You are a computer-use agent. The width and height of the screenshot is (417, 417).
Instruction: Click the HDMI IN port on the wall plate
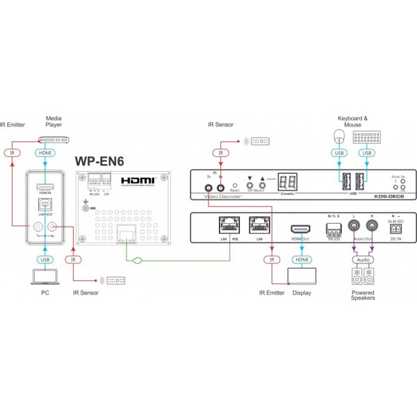[x=45, y=186]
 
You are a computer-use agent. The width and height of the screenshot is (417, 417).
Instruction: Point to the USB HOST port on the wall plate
[x=45, y=206]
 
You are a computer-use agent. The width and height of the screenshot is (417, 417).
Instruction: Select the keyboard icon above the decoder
[x=366, y=137]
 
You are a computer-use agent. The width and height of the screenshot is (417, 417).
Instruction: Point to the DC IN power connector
[x=397, y=229]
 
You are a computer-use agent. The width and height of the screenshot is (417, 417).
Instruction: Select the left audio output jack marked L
[x=355, y=229]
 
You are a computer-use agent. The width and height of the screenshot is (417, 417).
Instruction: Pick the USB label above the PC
[x=45, y=259]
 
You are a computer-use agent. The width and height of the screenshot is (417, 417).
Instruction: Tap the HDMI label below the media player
[x=45, y=153]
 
